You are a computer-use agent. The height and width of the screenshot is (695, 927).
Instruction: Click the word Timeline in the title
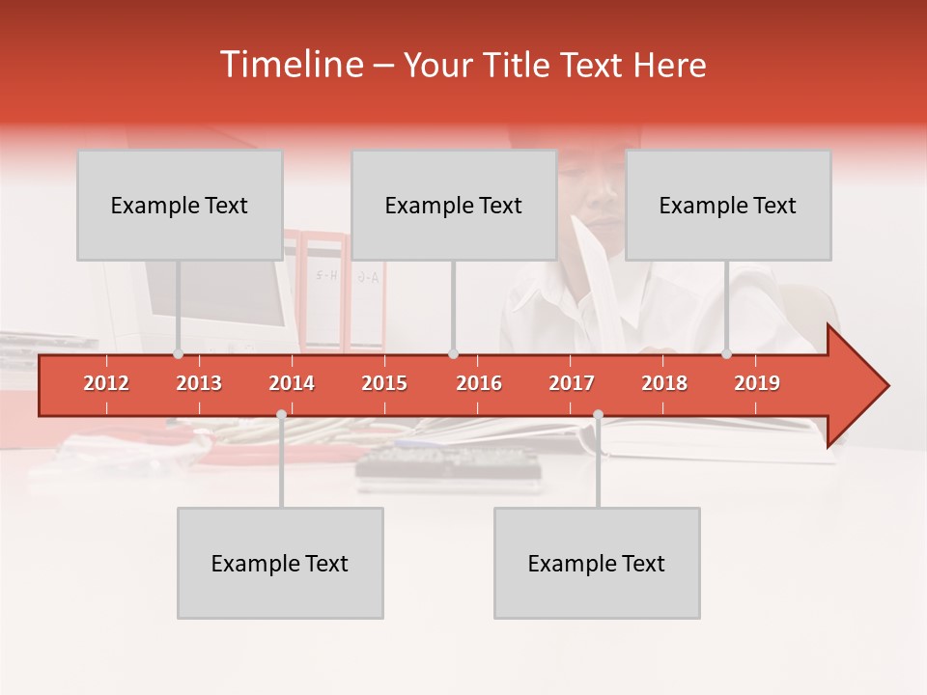pyautogui.click(x=291, y=65)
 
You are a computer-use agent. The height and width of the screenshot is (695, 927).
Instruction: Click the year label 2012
pyautogui.click(x=106, y=383)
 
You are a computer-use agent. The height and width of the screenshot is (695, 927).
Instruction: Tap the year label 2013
pyautogui.click(x=199, y=383)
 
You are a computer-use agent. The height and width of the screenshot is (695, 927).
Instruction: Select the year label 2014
pyautogui.click(x=292, y=383)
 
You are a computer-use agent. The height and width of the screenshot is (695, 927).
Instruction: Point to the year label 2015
pyautogui.click(x=384, y=383)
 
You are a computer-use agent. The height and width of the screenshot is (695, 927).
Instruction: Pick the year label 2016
pyautogui.click(x=479, y=383)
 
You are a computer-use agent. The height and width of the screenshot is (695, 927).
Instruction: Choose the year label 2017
pyautogui.click(x=572, y=383)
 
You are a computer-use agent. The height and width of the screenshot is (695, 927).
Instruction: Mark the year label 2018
pyautogui.click(x=664, y=383)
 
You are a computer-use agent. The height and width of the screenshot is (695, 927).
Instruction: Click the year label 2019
pyautogui.click(x=757, y=383)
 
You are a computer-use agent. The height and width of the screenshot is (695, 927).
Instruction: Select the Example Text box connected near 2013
pyautogui.click(x=180, y=206)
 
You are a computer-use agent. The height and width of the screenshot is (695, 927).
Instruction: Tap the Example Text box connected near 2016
pyautogui.click(x=454, y=206)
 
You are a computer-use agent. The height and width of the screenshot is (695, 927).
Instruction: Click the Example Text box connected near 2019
pyautogui.click(x=728, y=206)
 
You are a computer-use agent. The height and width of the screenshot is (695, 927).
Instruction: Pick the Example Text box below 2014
pyautogui.click(x=280, y=563)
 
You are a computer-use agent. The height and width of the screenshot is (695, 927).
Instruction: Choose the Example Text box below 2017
pyautogui.click(x=597, y=563)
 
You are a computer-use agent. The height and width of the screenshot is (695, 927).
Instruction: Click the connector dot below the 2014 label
pyautogui.click(x=281, y=414)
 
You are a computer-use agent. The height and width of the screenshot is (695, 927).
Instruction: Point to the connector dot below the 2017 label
pyautogui.click(x=598, y=414)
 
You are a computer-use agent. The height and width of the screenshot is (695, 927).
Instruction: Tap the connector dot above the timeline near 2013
pyautogui.click(x=178, y=354)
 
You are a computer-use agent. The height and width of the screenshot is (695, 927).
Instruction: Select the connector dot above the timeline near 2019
pyautogui.click(x=726, y=354)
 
